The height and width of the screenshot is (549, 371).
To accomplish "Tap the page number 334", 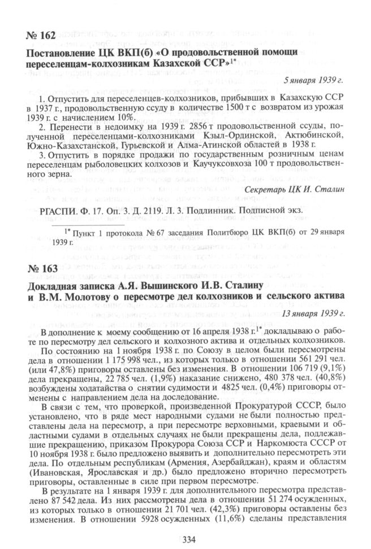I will pyautogui.click(x=185, y=538).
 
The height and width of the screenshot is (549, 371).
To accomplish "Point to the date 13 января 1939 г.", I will pyautogui.click(x=312, y=313).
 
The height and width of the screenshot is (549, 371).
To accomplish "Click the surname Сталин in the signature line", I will pyautogui.click(x=330, y=189).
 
